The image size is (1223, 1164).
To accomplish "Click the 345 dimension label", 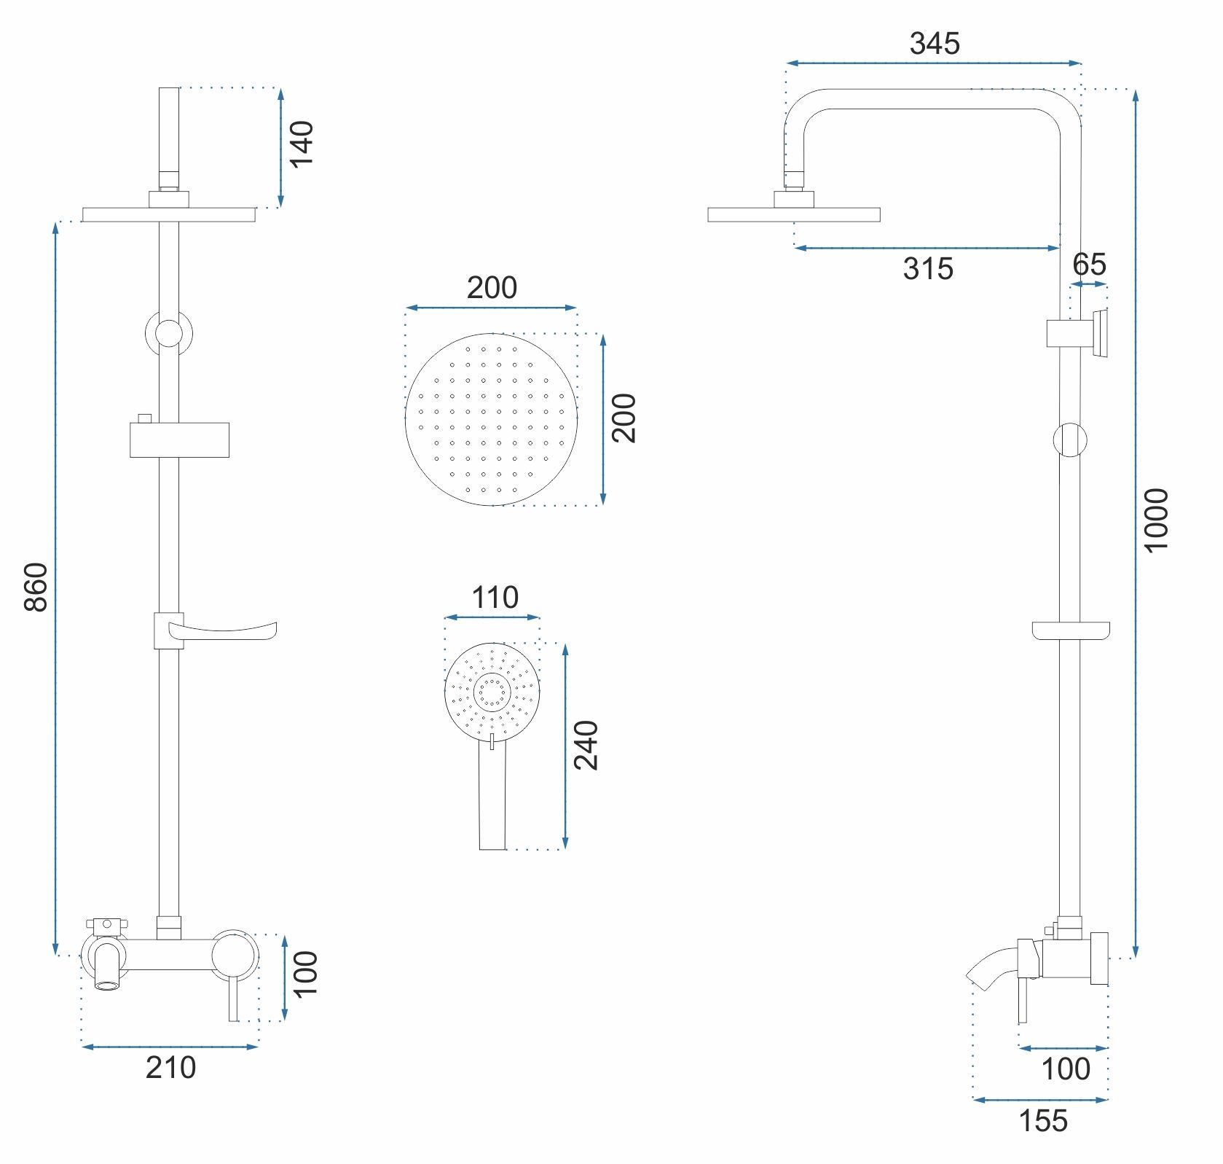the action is tap(935, 44).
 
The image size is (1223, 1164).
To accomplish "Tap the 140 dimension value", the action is tap(301, 143).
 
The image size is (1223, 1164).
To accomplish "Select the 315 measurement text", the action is tap(928, 269).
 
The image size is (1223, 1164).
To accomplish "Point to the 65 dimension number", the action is tap(1090, 264).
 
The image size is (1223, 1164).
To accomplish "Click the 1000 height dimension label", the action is tap(1156, 520).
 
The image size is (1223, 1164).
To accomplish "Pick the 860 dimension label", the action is tap(36, 587).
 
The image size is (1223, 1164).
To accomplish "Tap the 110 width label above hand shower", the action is tap(495, 598).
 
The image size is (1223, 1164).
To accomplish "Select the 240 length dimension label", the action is tap(586, 746).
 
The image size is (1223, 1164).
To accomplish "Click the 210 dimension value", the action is tap(171, 1068).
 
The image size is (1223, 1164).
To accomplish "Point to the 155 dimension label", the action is tap(1043, 1121).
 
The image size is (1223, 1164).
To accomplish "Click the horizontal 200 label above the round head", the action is tap(492, 288).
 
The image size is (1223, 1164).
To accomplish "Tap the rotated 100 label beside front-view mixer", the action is tap(306, 974).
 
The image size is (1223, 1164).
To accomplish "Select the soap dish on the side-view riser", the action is tap(1072, 630).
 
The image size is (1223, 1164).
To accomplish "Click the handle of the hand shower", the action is tap(492, 797).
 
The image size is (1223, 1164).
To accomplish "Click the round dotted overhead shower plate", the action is tap(491, 419).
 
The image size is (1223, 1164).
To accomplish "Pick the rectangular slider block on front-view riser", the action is tap(180, 439).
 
